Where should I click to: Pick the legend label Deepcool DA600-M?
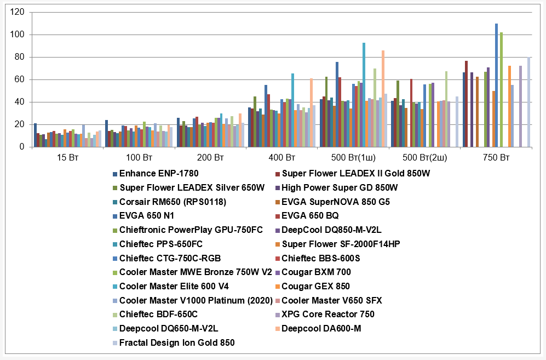(x=321, y=329)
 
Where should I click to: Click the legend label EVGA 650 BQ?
(x=310, y=216)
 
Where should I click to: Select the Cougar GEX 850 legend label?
(x=315, y=287)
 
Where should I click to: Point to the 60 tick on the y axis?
(x=19, y=79)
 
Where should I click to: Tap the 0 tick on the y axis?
(x=21, y=147)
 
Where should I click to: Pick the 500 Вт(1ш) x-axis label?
(x=353, y=158)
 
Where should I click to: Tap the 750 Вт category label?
(x=496, y=158)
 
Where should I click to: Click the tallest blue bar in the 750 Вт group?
(x=496, y=85)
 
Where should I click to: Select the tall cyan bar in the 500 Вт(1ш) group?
(x=364, y=95)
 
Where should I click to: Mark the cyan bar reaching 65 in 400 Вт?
(x=293, y=110)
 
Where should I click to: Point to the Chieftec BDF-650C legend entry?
(x=158, y=315)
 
